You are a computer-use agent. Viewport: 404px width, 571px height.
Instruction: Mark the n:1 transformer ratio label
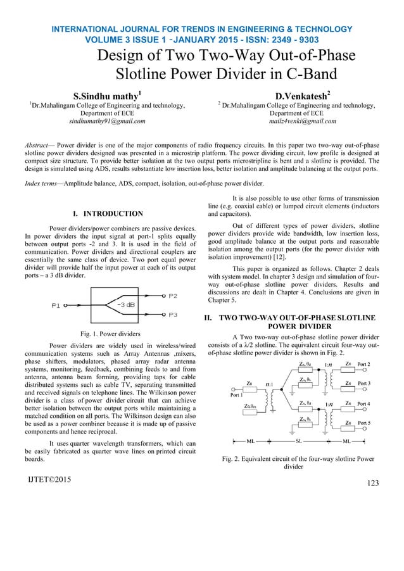click(x=270, y=384)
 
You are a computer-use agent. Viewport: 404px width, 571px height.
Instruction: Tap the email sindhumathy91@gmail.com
click(x=107, y=120)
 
